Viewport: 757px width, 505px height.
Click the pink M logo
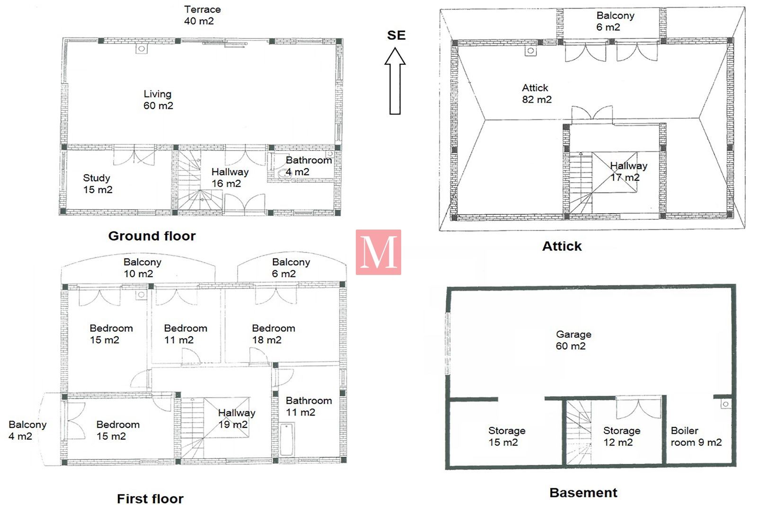click(378, 252)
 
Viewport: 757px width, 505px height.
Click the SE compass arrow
click(395, 81)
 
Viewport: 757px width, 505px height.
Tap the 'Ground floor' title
click(152, 236)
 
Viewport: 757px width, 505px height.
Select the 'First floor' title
click(150, 498)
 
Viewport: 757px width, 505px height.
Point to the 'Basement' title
click(583, 493)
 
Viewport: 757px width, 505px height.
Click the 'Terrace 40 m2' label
click(202, 15)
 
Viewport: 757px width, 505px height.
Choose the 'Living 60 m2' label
click(158, 100)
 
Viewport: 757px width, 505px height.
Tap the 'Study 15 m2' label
click(97, 184)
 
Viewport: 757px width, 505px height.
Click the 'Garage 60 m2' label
click(573, 340)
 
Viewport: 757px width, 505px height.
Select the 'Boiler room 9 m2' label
click(696, 436)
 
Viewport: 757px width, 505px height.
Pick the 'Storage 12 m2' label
click(622, 436)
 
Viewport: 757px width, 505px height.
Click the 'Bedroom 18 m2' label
click(273, 334)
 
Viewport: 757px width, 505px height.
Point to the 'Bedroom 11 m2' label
click(185, 334)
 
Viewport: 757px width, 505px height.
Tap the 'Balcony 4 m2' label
click(27, 430)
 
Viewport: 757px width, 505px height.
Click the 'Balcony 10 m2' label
click(142, 268)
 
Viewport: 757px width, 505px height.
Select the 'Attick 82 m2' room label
click(537, 94)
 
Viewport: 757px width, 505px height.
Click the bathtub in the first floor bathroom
click(287, 439)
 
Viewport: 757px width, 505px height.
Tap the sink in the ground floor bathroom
click(283, 174)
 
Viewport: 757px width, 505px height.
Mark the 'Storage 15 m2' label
click(507, 436)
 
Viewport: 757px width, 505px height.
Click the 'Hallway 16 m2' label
click(230, 177)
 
